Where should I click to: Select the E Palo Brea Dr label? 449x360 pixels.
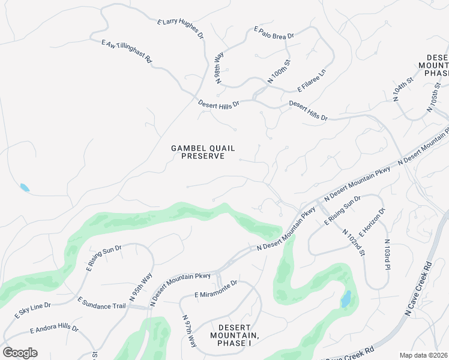[274, 32]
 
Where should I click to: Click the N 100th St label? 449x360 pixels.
[279, 71]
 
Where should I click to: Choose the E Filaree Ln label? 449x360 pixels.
[312, 80]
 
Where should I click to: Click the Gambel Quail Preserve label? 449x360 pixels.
[203, 152]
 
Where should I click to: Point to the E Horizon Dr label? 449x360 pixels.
[372, 222]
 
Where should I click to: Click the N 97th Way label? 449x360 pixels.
[190, 331]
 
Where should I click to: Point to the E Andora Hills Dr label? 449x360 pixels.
[54, 329]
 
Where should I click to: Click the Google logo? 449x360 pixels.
[20, 353]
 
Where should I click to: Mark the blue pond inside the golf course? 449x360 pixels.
[346, 299]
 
